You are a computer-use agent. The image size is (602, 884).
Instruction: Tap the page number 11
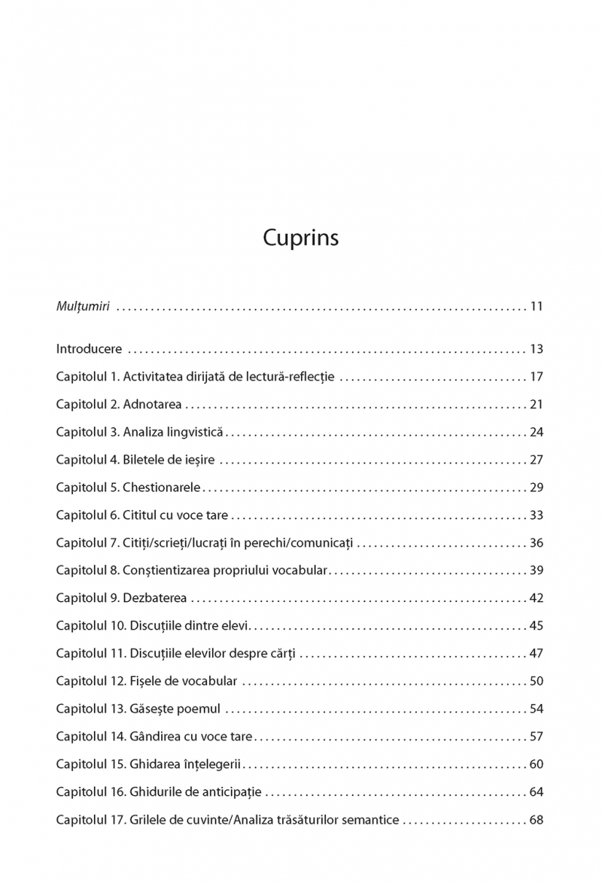click(537, 306)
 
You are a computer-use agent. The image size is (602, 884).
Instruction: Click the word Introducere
click(88, 349)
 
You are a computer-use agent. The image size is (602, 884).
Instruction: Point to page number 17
click(537, 377)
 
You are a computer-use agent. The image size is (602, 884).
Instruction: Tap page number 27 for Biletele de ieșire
click(537, 460)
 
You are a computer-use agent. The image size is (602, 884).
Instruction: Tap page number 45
click(537, 626)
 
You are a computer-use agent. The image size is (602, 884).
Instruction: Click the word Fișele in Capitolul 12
click(147, 681)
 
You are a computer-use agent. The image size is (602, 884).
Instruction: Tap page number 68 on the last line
click(537, 819)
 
